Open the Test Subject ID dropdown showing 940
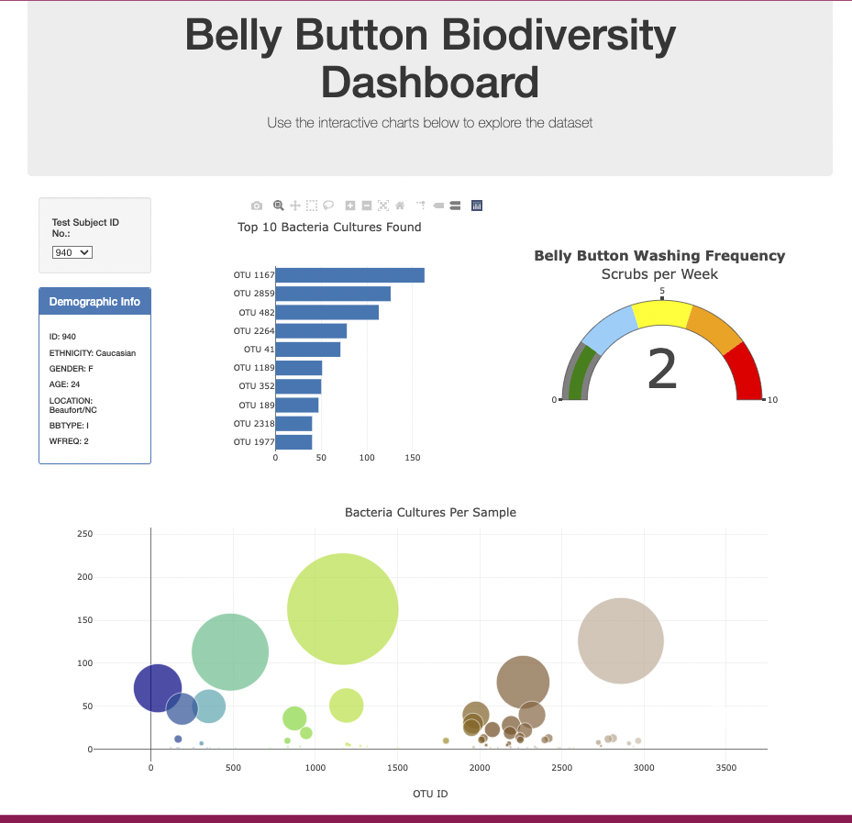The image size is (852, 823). click(72, 251)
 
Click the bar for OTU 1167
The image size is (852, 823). click(349, 275)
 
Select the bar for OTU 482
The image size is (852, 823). click(326, 312)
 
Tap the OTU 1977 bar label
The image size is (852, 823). click(254, 442)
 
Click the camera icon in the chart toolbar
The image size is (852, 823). click(257, 206)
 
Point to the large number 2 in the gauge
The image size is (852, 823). click(662, 369)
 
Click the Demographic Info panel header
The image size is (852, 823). click(94, 302)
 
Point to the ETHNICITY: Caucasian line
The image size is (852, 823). click(93, 352)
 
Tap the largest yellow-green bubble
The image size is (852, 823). click(342, 609)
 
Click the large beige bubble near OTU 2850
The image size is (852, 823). click(621, 640)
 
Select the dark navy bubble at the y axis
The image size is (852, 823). click(158, 688)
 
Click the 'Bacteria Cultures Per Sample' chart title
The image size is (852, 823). click(430, 512)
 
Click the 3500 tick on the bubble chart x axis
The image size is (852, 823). click(725, 767)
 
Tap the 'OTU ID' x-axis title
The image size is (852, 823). click(430, 794)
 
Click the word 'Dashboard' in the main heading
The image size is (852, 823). click(430, 82)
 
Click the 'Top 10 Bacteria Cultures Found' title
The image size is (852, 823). click(329, 227)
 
